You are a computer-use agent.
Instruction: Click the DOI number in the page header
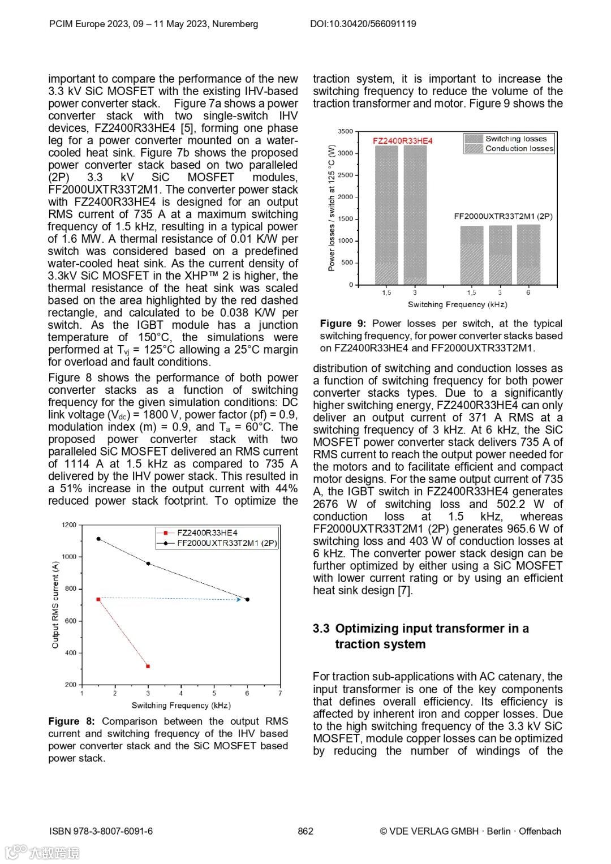tap(363, 24)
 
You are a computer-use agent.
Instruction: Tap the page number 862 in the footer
tap(305, 831)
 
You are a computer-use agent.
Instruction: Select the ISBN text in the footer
tap(101, 831)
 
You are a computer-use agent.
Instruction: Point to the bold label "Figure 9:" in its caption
tap(343, 323)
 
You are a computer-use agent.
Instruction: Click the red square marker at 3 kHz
tap(148, 666)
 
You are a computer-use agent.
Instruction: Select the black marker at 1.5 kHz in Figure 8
tap(98, 539)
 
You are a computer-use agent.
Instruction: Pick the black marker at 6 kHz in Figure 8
tap(247, 599)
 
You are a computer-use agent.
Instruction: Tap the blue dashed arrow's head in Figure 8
tap(239, 599)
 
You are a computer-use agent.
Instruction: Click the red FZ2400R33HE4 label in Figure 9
tap(402, 140)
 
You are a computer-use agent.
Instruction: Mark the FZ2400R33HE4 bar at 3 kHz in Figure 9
tap(415, 215)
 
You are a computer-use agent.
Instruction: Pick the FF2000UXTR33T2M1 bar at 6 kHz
tap(528, 255)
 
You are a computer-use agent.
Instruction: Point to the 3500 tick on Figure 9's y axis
tap(345, 131)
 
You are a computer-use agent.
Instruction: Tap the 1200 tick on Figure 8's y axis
tap(69, 525)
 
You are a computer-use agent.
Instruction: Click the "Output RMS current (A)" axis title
tap(55, 604)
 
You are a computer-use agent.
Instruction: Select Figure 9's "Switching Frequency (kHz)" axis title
tap(457, 304)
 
